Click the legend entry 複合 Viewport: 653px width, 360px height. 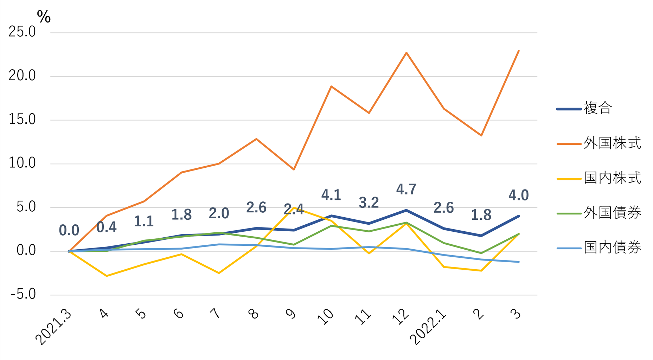[x=597, y=108]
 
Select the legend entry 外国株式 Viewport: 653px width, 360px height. [x=612, y=143]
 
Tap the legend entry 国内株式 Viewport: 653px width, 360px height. [x=612, y=178]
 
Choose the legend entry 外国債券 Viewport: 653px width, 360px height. [x=612, y=213]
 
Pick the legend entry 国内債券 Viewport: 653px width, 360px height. [x=612, y=247]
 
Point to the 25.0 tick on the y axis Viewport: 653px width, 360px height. [x=22, y=32]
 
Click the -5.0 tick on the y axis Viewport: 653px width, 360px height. [x=23, y=295]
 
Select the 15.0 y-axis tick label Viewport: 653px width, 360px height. [x=22, y=120]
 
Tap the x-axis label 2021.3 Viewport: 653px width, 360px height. [x=53, y=327]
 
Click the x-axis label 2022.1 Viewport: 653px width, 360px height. [x=428, y=327]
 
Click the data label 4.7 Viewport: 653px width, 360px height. [x=406, y=190]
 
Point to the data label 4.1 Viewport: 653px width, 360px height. [x=331, y=195]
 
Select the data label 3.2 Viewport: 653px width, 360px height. [x=369, y=203]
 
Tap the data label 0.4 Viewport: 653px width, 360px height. [x=106, y=227]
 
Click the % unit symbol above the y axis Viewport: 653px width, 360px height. [x=44, y=17]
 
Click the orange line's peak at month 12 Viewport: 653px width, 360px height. [x=406, y=53]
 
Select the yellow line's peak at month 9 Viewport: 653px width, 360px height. [x=294, y=208]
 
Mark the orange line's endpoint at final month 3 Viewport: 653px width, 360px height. [x=519, y=51]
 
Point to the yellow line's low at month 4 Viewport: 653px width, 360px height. [x=107, y=276]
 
